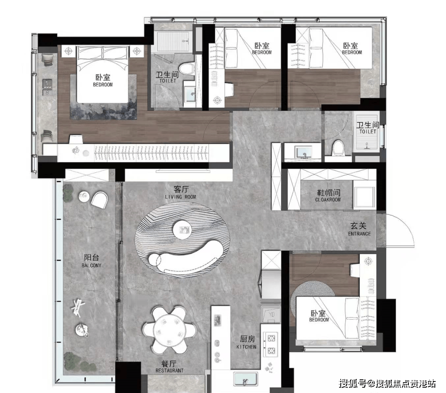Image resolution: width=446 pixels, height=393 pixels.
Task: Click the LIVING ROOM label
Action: click(x=180, y=197)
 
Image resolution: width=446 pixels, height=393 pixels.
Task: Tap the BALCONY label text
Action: click(x=91, y=266)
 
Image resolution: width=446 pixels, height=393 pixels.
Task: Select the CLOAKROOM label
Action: click(x=328, y=200)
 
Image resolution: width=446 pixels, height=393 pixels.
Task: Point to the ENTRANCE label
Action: click(x=359, y=234)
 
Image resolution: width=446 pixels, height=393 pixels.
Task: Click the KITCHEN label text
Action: click(x=246, y=347)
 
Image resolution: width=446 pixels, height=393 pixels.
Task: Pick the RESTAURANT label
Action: click(x=170, y=371)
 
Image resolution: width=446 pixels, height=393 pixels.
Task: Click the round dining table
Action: click(x=170, y=330)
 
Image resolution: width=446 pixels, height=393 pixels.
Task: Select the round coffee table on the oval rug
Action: click(x=182, y=229)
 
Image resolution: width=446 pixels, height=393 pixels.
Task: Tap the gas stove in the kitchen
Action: click(x=270, y=345)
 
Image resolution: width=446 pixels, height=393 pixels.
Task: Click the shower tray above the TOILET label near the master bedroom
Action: click(x=173, y=42)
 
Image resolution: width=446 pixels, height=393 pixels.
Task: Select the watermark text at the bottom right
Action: click(x=387, y=384)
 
